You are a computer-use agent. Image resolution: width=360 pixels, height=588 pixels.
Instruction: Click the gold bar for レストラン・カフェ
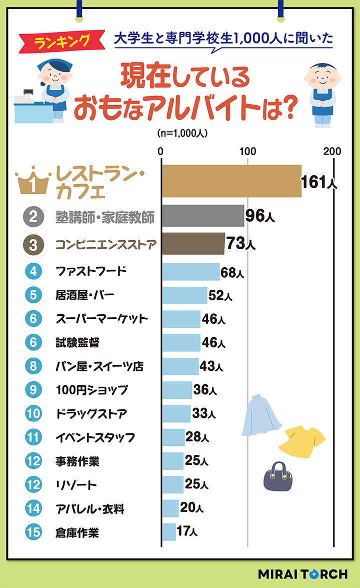[231, 181]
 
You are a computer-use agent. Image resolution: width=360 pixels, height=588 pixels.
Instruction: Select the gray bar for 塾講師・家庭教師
[202, 216]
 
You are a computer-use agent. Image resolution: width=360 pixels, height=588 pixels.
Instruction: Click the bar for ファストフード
[190, 272]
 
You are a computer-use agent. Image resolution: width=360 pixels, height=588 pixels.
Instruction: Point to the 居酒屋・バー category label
[85, 295]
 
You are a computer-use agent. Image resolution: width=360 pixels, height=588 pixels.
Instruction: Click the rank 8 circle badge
[33, 366]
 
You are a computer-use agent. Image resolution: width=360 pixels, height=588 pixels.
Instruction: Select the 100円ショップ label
[91, 390]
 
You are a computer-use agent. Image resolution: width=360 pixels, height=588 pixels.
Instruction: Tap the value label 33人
[204, 414]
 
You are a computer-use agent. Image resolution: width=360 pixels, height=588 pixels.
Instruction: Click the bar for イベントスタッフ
[173, 437]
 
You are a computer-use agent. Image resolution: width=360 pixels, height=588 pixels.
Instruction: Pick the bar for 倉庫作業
[168, 532]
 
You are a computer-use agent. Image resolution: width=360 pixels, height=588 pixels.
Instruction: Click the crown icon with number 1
[32, 183]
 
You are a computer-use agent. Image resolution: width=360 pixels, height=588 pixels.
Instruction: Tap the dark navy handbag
[277, 476]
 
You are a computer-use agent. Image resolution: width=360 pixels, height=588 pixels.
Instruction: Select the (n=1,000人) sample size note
[182, 134]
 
